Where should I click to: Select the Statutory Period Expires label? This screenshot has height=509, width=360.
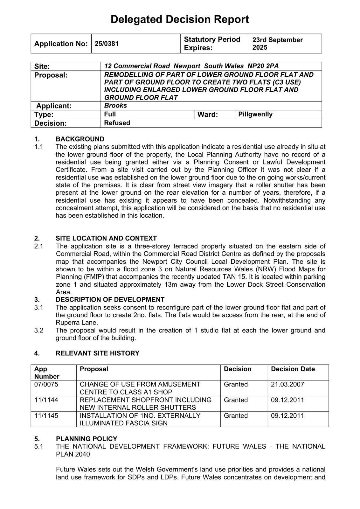212,44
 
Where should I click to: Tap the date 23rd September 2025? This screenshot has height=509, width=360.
277,44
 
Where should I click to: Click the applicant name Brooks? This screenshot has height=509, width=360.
115,106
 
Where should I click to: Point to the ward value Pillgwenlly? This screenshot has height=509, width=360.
255,114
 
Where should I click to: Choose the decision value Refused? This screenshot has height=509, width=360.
117,123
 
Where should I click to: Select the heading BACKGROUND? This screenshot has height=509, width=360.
80,139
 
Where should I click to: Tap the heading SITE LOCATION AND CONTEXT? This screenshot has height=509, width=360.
106,238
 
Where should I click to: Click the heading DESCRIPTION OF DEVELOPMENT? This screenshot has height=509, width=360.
110,300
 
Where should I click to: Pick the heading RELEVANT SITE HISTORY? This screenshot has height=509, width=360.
98,353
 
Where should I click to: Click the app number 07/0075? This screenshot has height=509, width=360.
46,384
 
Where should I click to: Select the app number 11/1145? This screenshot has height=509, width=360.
46,415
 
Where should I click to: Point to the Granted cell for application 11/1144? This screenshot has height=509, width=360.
236,400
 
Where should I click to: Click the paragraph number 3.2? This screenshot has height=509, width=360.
39,330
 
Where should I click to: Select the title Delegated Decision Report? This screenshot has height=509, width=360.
180,19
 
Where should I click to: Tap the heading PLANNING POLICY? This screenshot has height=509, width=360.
87,439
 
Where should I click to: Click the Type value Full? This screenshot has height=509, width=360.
110,114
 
